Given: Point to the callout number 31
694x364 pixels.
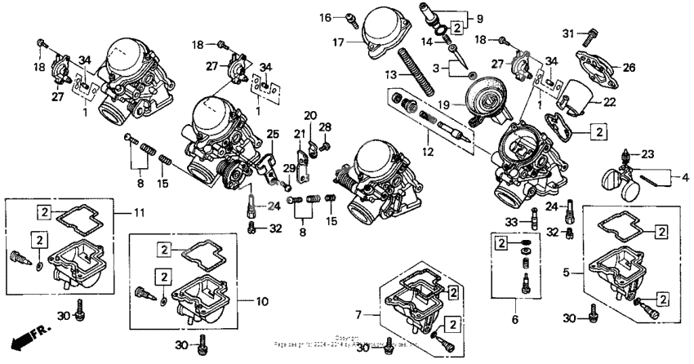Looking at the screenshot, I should coord(568,33).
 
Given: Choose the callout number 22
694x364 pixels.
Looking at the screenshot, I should coord(610,101).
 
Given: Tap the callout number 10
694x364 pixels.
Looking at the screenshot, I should coord(261,301).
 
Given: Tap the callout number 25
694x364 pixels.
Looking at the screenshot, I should coord(273,134).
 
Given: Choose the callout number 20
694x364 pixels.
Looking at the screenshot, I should coord(310,114).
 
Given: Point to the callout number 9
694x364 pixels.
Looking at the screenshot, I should coord(479,16).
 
